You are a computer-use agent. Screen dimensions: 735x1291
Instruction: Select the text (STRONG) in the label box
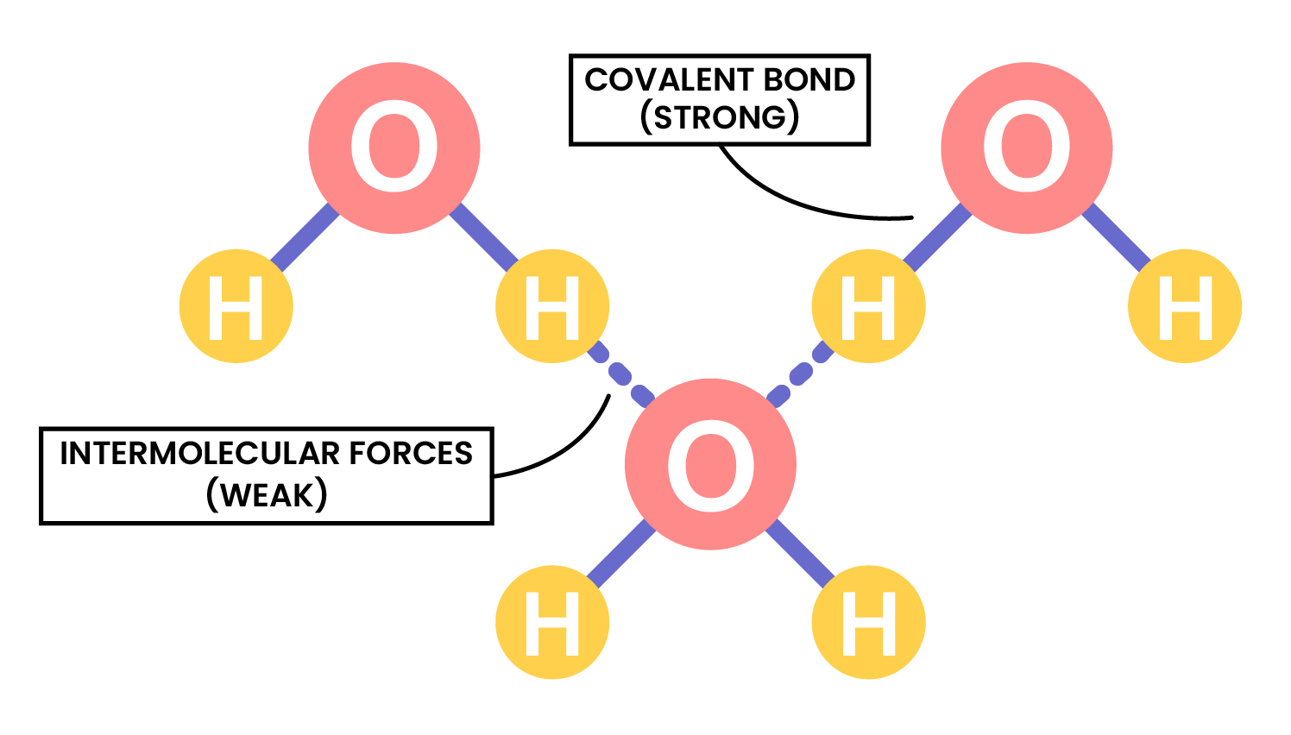coord(719,117)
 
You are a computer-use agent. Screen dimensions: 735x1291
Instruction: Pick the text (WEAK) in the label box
coord(267,494)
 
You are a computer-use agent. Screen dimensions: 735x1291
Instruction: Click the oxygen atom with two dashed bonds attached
coord(710,464)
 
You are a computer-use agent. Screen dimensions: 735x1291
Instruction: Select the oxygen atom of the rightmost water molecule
coord(1026,148)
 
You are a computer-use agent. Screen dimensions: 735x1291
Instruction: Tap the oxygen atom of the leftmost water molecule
coord(394,148)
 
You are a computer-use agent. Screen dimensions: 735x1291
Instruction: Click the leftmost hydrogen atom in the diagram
coord(236,306)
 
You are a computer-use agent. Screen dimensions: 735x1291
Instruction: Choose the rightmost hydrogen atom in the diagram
coord(1185,306)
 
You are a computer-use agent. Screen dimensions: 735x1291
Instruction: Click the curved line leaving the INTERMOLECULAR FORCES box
coord(570,449)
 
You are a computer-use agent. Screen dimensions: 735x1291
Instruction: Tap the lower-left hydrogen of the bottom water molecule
coord(552,622)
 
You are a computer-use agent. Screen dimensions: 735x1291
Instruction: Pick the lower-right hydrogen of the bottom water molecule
coord(869,622)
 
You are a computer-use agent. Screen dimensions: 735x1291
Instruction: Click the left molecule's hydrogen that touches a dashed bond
coord(552,306)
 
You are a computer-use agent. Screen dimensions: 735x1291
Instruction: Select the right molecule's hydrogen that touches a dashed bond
coord(869,306)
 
